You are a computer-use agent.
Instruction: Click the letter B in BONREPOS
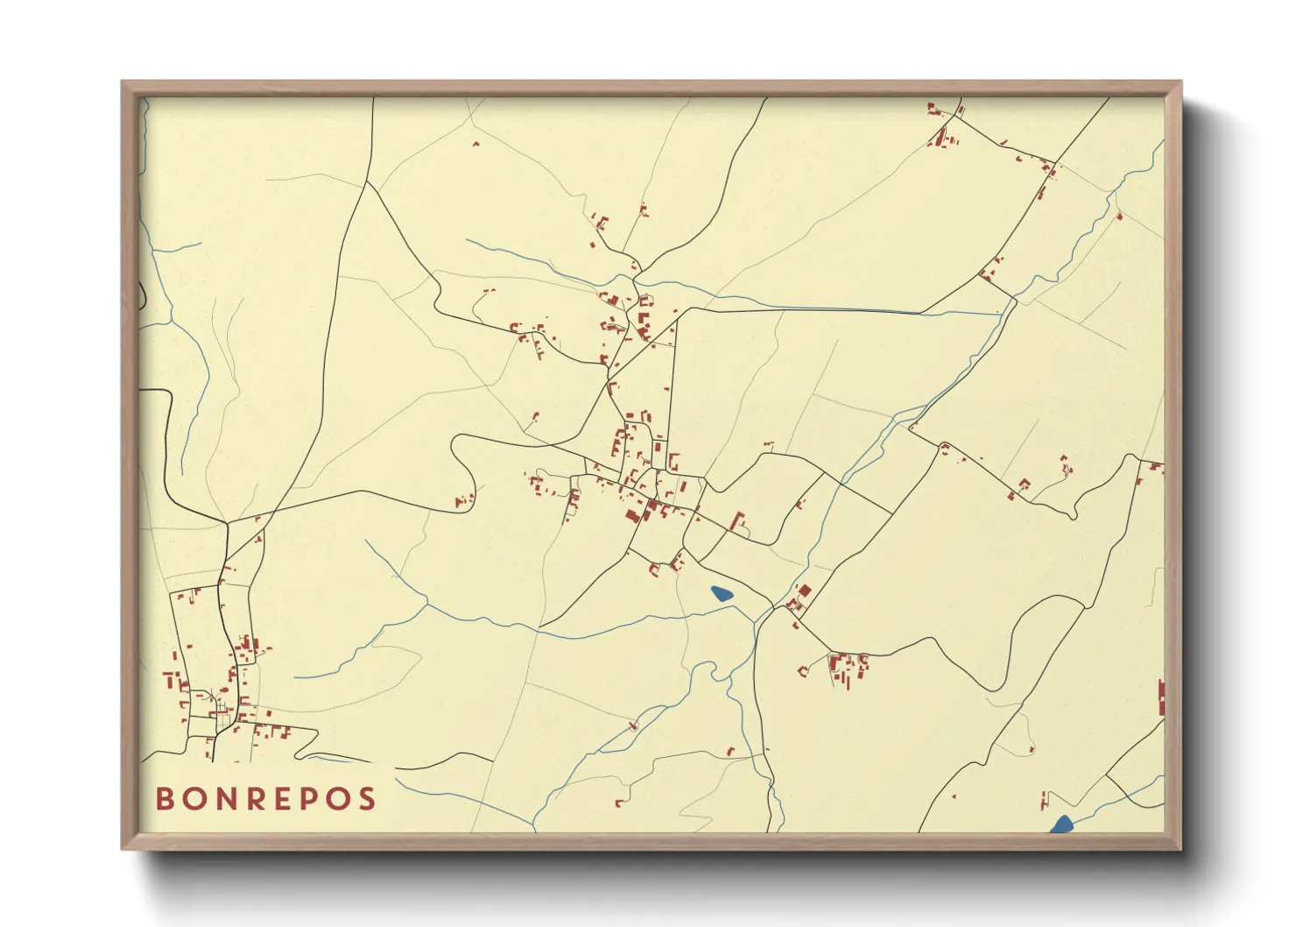(164, 798)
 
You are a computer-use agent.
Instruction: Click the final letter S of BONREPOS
(366, 798)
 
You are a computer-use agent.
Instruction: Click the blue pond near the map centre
(722, 594)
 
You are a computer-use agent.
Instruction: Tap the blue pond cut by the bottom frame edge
(1061, 824)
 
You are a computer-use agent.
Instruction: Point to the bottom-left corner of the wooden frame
(123, 847)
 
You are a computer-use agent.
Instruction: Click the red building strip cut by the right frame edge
(1161, 697)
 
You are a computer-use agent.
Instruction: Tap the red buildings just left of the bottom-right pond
(1043, 799)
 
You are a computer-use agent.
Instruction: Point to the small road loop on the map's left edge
(142, 296)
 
